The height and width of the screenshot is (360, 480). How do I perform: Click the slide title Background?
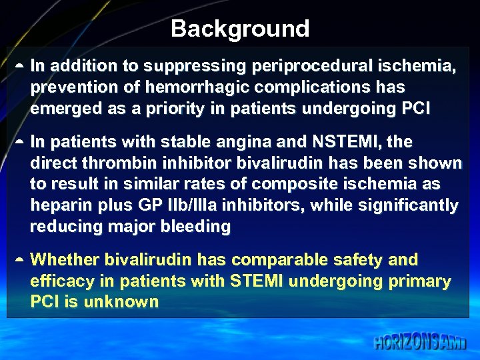pyautogui.click(x=240, y=29)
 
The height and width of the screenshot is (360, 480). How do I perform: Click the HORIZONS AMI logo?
pyautogui.click(x=419, y=343)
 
